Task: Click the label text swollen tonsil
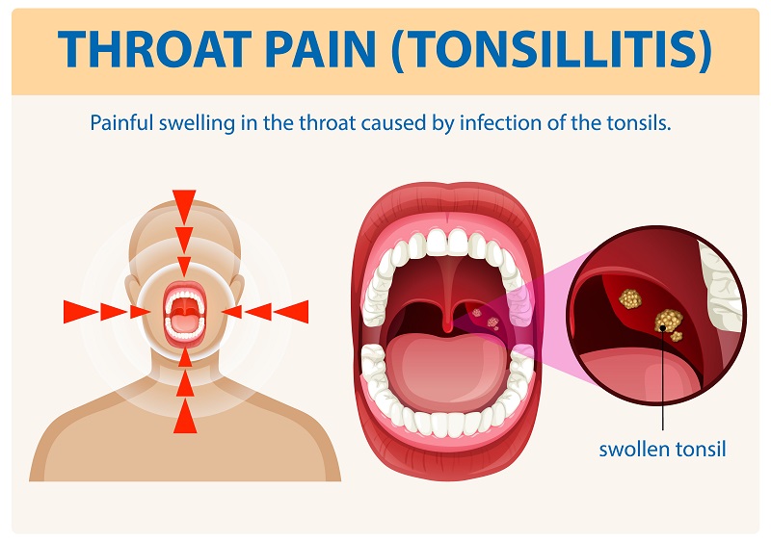661,449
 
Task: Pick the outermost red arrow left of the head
79,311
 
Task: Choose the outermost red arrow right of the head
290,311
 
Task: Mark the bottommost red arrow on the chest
184,418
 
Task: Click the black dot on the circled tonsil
663,328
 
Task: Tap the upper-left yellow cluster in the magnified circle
629,299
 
